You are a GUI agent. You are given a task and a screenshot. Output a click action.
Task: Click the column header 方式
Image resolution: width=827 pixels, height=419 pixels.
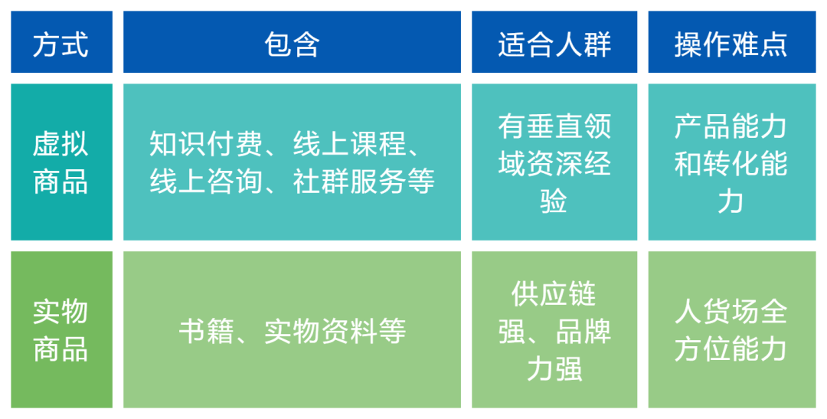pyautogui.click(x=60, y=44)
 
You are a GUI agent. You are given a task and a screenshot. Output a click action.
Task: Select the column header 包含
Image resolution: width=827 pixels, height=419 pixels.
pyautogui.click(x=292, y=44)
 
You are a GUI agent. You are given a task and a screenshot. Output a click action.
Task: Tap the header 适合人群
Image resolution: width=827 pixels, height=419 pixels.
pyautogui.click(x=554, y=44)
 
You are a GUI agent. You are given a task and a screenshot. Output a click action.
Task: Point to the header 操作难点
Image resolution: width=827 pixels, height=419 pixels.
pyautogui.click(x=731, y=44)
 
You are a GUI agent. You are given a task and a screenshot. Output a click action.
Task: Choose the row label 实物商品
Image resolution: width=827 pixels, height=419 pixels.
pyautogui.click(x=60, y=331)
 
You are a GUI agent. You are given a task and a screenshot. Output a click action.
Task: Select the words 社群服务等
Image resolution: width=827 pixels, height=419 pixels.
pyautogui.click(x=364, y=182)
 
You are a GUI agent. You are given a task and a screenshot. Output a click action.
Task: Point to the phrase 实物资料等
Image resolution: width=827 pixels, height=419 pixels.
pyautogui.click(x=335, y=331)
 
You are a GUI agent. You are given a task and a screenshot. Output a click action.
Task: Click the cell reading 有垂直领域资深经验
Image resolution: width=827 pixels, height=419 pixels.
pyautogui.click(x=554, y=163)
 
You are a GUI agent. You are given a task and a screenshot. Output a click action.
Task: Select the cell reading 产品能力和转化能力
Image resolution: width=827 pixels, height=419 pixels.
pyautogui.click(x=731, y=163)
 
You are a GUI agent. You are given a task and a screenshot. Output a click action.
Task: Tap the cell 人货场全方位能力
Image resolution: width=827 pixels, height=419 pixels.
pyautogui.click(x=731, y=331)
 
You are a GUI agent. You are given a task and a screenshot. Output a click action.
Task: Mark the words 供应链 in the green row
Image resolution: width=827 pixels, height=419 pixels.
pyautogui.click(x=554, y=294)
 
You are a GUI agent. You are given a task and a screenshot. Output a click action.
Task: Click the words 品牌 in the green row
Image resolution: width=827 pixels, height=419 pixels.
pyautogui.click(x=583, y=332)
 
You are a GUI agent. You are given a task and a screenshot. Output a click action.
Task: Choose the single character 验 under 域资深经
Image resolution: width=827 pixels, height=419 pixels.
pyautogui.click(x=554, y=201)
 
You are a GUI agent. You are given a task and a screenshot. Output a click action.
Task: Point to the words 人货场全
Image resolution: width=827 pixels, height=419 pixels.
pyautogui.click(x=731, y=313)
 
